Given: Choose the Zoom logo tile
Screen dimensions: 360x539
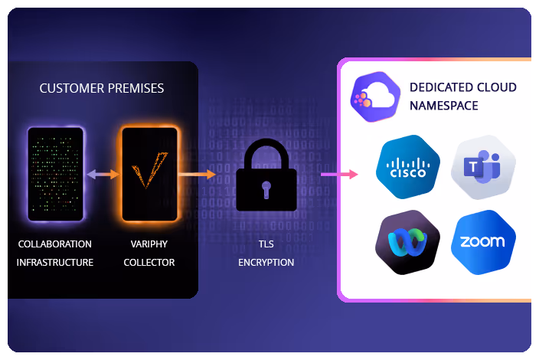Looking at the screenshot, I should point(482,242).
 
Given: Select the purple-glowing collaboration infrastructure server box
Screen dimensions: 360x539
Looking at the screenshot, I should point(55,175).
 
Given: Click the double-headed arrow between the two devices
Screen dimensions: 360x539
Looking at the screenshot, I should point(103,175).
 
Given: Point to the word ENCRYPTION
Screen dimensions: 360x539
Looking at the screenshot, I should point(266,262).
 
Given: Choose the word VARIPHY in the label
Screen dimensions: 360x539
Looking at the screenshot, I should point(149,244).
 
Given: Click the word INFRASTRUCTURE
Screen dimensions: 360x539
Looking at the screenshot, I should point(55,262).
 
